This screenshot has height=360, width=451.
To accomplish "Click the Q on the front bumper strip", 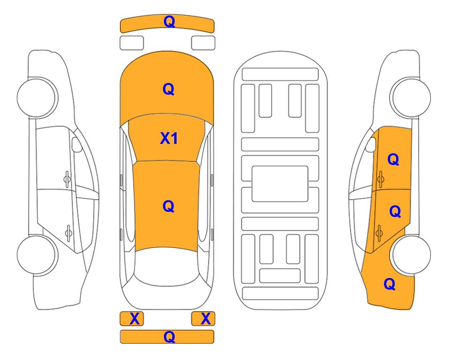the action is (169, 22).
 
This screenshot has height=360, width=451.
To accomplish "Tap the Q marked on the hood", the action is (169, 89).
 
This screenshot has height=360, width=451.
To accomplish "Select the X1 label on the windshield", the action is (169, 138).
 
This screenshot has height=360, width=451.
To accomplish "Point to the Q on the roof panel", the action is (169, 206).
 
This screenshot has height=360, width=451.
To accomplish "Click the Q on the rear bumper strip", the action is (169, 337).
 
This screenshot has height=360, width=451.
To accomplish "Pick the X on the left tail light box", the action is (134, 319).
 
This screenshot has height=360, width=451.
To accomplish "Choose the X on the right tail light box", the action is (206, 319).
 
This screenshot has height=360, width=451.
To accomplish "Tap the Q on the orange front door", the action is (393, 159).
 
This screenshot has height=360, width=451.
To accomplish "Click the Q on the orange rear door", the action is (395, 211).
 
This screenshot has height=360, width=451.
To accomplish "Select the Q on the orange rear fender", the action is (390, 284).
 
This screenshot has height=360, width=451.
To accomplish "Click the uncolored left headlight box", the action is (132, 43).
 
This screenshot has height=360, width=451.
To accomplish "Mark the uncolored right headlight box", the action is (203, 43).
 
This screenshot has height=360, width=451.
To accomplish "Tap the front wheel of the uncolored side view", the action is (37, 97).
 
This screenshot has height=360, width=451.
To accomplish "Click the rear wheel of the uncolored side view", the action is (37, 255).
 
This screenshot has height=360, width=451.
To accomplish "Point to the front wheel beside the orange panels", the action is (411, 97).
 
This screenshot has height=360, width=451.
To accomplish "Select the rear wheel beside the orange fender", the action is (411, 255).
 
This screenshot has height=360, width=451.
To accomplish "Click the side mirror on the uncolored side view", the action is (76, 144).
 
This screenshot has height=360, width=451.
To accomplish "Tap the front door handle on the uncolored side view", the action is (67, 179).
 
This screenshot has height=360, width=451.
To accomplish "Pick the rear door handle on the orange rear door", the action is (379, 232).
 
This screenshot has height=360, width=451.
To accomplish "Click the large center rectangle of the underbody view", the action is (280, 184).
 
